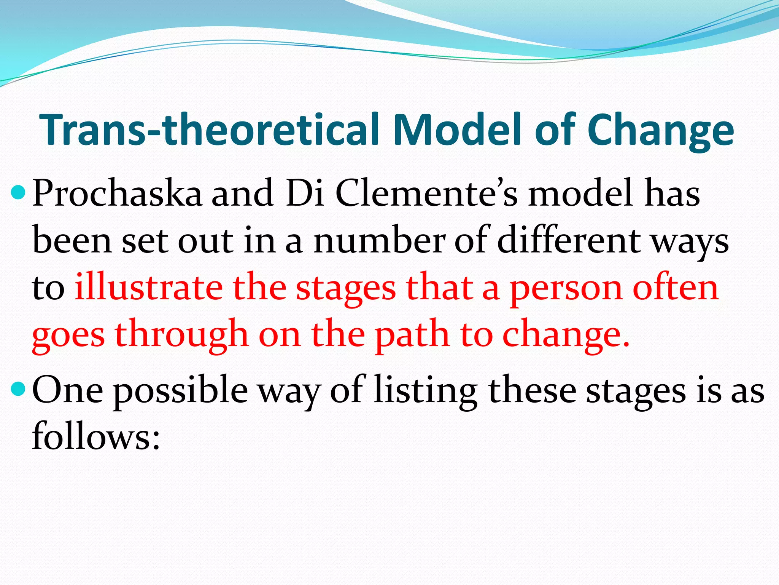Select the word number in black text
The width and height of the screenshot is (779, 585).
(x=379, y=241)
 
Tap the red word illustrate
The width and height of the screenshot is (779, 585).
(x=148, y=288)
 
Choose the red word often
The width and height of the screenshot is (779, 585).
(x=676, y=288)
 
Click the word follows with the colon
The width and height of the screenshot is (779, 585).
(x=95, y=436)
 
